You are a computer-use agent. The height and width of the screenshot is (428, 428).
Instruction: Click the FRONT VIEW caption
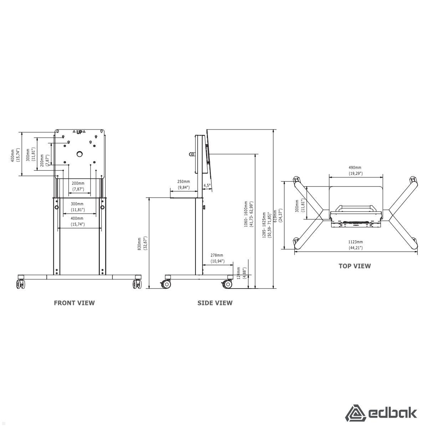74,303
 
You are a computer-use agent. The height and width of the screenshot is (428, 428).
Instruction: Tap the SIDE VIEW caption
215,303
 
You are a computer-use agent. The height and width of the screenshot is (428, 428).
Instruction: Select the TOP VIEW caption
355,266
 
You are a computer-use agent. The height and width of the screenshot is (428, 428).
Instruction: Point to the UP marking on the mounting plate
79,132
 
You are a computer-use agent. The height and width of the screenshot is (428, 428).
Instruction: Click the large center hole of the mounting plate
79,154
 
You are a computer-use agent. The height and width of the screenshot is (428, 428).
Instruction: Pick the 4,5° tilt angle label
207,185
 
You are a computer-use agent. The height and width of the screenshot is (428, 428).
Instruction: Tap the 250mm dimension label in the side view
183,182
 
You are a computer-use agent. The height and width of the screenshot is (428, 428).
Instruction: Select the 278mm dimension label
217,255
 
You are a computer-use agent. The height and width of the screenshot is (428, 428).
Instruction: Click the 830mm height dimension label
139,244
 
